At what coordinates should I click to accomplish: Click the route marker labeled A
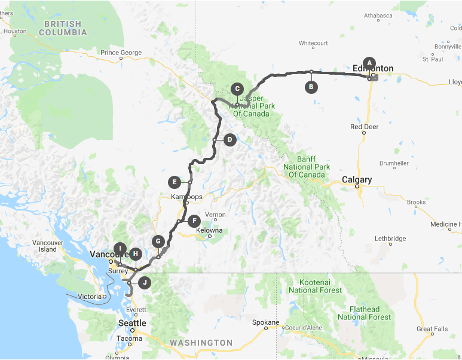(369, 62)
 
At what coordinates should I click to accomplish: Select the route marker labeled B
(311, 87)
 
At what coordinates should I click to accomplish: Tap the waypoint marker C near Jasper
(237, 87)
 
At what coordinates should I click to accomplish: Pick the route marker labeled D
(230, 140)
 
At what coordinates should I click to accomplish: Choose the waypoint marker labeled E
(174, 182)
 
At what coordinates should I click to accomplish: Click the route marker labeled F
(193, 221)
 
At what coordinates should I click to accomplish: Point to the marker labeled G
(158, 242)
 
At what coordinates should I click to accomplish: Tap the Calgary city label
(357, 179)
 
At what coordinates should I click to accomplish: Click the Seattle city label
(132, 323)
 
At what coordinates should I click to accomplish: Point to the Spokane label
(266, 322)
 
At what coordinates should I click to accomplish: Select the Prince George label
(121, 53)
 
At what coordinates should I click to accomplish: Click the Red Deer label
(364, 127)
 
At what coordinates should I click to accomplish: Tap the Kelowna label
(209, 230)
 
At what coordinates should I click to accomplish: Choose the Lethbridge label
(390, 239)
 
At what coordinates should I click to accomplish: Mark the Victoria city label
(90, 296)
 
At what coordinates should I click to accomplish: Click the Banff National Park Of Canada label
(307, 167)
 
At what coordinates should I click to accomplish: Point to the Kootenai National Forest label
(315, 286)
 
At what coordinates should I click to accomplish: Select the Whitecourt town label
(314, 43)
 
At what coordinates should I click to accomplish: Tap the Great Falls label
(433, 329)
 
